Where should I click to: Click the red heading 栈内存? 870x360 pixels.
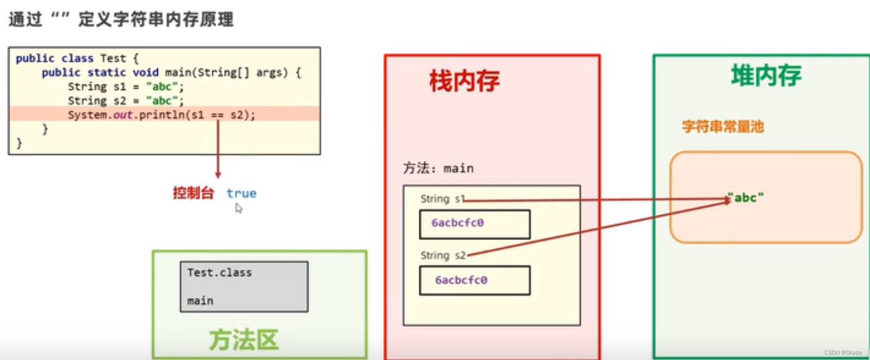pyautogui.click(x=464, y=81)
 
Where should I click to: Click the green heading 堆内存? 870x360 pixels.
pyautogui.click(x=766, y=76)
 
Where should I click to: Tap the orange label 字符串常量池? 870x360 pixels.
pyautogui.click(x=723, y=127)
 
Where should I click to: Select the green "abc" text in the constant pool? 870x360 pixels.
pyautogui.click(x=746, y=198)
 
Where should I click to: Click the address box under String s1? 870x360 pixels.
pyautogui.click(x=474, y=224)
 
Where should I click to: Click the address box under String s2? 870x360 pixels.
pyautogui.click(x=474, y=280)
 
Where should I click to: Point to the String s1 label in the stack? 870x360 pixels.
pyautogui.click(x=442, y=199)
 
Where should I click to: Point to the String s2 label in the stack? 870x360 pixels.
pyautogui.click(x=443, y=255)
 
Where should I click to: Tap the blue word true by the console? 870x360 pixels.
pyautogui.click(x=241, y=193)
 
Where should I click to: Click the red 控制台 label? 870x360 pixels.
pyautogui.click(x=193, y=193)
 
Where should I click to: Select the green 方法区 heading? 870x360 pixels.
pyautogui.click(x=244, y=340)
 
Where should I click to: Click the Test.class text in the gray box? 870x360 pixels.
pyautogui.click(x=219, y=272)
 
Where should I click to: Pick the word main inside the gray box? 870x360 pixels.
pyautogui.click(x=200, y=301)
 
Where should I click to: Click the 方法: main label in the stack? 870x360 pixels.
pyautogui.click(x=438, y=169)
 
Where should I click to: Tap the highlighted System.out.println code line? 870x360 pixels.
pyautogui.click(x=162, y=115)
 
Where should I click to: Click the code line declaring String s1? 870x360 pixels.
pyautogui.click(x=126, y=86)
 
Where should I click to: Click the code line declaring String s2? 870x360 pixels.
pyautogui.click(x=126, y=101)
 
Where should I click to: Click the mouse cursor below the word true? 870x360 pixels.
pyautogui.click(x=238, y=208)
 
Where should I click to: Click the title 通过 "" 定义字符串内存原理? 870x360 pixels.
pyautogui.click(x=121, y=20)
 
